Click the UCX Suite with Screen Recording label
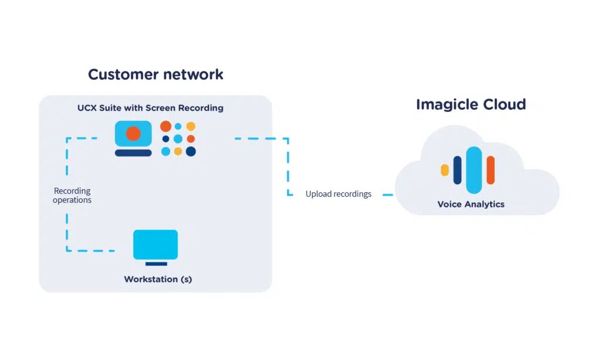(x=150, y=108)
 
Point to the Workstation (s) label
(x=158, y=279)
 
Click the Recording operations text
(x=72, y=195)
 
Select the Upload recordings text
(x=338, y=194)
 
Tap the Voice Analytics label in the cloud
(x=471, y=205)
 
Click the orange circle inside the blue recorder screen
(x=133, y=134)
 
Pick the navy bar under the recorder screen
(x=133, y=153)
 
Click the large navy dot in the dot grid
(x=190, y=152)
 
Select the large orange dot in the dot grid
(x=166, y=126)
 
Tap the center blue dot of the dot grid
(x=178, y=139)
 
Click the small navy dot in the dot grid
(x=166, y=139)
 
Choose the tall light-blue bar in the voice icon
(x=474, y=170)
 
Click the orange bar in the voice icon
(x=490, y=170)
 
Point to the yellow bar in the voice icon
(x=445, y=170)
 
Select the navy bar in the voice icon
(x=458, y=170)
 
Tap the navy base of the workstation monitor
(x=156, y=264)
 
